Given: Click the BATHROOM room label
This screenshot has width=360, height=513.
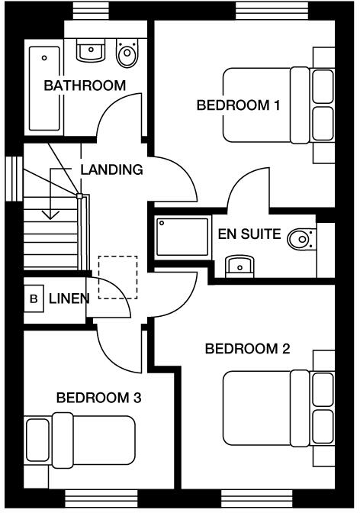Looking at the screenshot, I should [x=85, y=85].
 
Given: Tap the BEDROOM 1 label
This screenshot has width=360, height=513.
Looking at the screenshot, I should [x=237, y=105].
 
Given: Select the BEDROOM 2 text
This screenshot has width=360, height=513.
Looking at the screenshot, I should [x=247, y=350].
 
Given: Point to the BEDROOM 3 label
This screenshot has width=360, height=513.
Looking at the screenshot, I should [x=98, y=398].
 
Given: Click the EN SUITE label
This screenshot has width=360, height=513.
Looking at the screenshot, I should [x=249, y=234].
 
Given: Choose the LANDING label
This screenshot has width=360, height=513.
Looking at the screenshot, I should [x=111, y=169].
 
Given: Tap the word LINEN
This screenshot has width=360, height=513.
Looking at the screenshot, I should [x=69, y=298].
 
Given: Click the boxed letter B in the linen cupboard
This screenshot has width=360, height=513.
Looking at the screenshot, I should [x=34, y=298].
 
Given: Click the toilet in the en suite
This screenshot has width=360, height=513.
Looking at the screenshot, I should [x=302, y=240].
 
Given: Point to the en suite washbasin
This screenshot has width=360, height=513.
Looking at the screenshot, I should [x=240, y=266].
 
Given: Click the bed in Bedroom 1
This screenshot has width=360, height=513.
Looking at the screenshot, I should [x=278, y=105].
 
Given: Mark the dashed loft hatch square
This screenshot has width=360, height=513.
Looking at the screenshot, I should [x=118, y=277].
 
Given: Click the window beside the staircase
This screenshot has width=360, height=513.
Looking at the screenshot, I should [x=12, y=179].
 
